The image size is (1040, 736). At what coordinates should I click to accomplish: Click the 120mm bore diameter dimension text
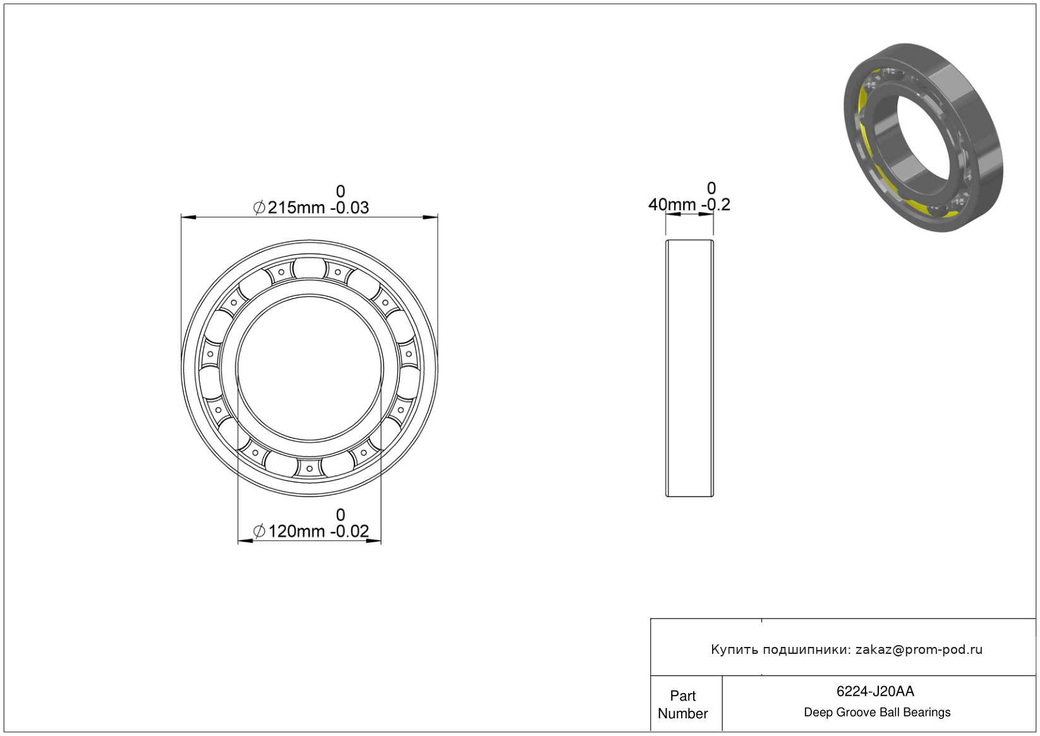pyautogui.click(x=296, y=531)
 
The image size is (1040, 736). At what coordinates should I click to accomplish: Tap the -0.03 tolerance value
pyautogui.click(x=349, y=207)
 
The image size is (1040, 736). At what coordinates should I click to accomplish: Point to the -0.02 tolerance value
pyautogui.click(x=349, y=531)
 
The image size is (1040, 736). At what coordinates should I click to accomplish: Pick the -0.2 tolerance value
pyautogui.click(x=715, y=204)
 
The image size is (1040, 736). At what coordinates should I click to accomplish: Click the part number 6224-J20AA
pyautogui.click(x=875, y=691)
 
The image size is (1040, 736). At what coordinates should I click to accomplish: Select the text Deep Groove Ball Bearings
pyautogui.click(x=877, y=713)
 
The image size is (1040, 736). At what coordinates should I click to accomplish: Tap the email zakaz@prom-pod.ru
pyautogui.click(x=919, y=649)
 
